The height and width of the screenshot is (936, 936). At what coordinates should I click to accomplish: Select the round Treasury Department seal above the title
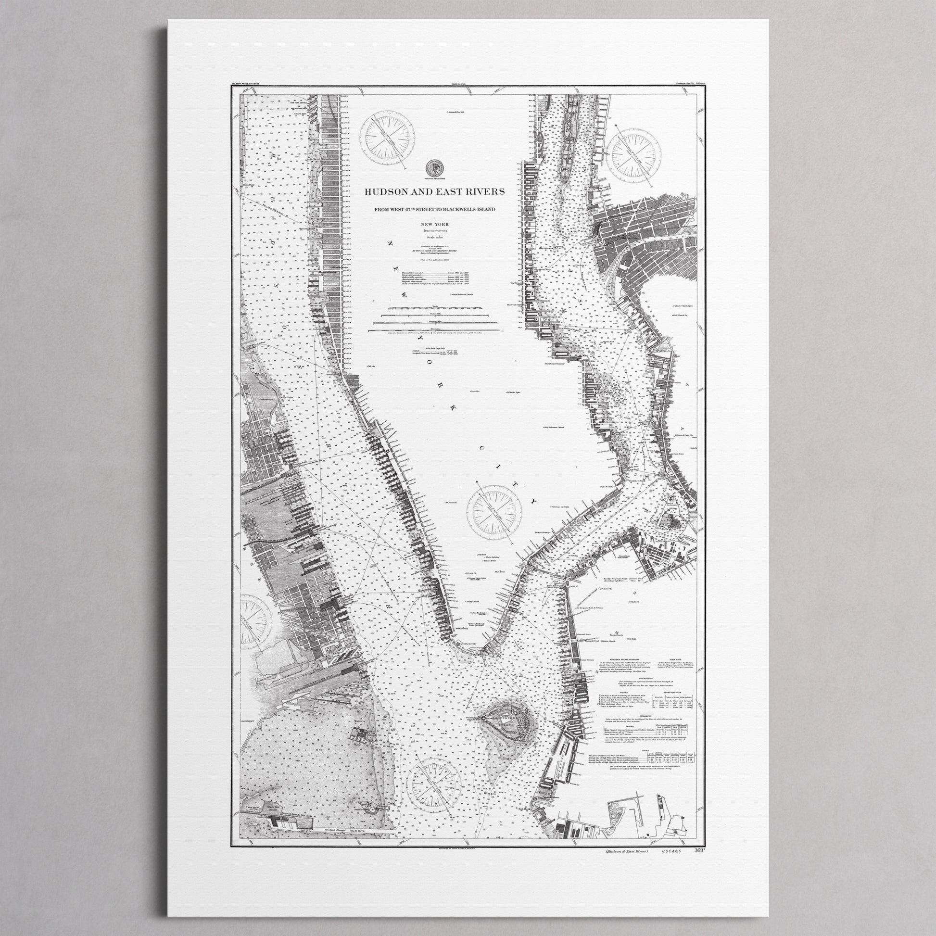coord(433,168)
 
